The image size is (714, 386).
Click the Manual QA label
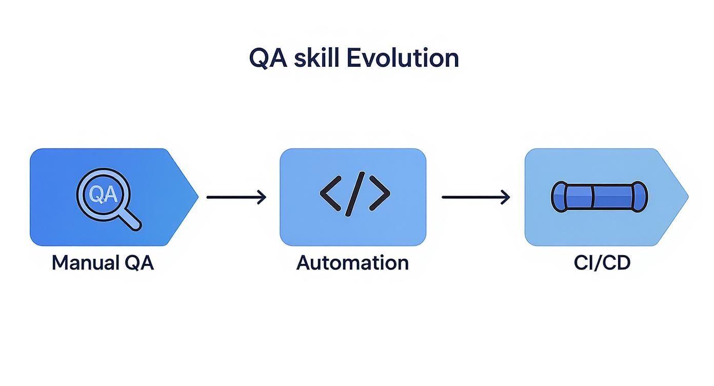[x=103, y=263]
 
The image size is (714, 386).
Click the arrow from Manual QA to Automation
[x=236, y=197]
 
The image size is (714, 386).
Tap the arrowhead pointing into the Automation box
[x=262, y=197]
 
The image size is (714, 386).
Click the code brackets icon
[x=355, y=193]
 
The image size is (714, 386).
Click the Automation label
[x=353, y=263]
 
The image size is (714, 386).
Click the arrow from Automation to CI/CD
[x=475, y=197]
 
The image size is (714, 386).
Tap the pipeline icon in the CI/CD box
[x=599, y=197]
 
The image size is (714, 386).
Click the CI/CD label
[x=602, y=263]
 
